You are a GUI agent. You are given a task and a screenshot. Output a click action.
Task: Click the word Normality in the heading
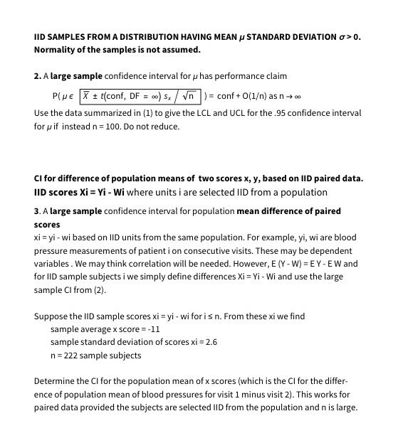click(57, 49)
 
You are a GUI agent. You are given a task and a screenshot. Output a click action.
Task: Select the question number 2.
click(37, 75)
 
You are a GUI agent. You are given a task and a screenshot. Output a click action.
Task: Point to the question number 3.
click(37, 211)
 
